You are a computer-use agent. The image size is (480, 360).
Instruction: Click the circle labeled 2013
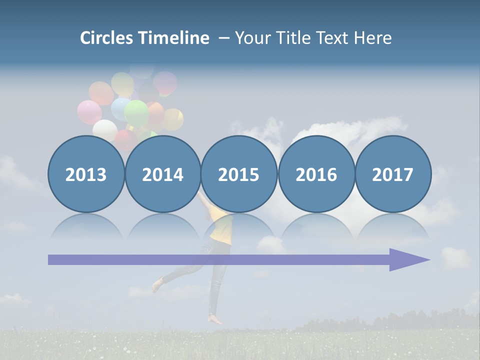point(86,174)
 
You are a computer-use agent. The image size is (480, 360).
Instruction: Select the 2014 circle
point(162,174)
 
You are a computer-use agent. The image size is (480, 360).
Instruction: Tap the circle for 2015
point(239,174)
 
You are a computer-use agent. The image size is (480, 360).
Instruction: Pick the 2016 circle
point(316,174)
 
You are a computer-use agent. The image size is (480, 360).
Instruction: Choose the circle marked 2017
point(392,174)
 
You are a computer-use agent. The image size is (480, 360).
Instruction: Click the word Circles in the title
point(106,38)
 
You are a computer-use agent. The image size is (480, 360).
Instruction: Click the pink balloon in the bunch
point(89,112)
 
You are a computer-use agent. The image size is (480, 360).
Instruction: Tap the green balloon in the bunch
point(136,113)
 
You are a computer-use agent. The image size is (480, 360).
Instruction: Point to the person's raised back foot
point(157,285)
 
